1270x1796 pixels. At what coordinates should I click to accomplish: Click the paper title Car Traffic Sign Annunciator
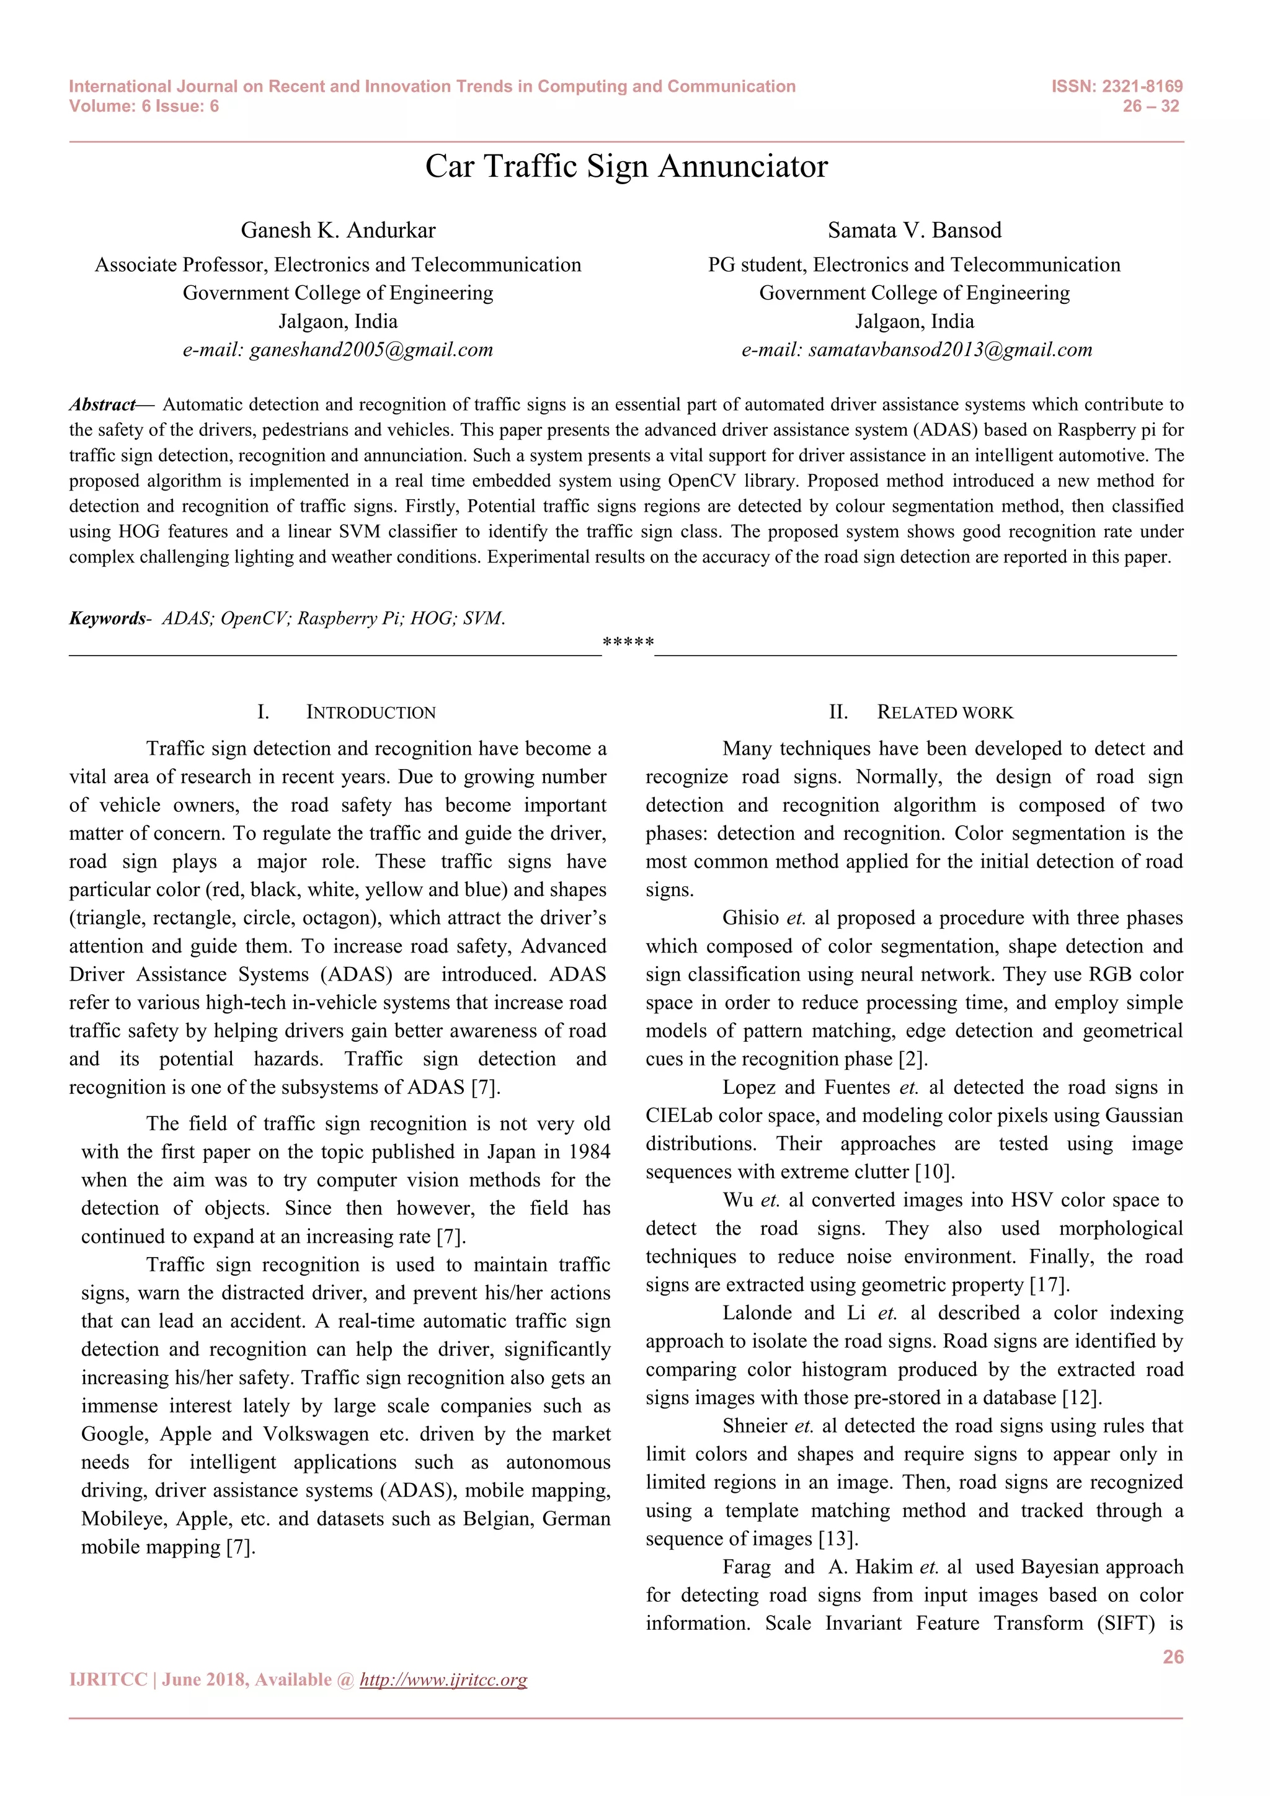(626, 167)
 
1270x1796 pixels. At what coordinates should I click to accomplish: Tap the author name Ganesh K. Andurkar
(338, 230)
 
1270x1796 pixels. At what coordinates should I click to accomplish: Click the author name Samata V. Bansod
(914, 230)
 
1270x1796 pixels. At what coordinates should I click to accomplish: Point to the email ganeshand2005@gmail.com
(371, 350)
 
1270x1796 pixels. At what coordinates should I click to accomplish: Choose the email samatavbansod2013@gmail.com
(949, 350)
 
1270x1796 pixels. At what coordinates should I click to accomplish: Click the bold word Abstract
(102, 404)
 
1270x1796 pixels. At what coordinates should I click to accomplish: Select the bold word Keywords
(107, 619)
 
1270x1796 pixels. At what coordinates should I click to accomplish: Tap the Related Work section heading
(944, 712)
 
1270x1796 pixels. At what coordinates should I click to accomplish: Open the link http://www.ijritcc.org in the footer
(443, 1679)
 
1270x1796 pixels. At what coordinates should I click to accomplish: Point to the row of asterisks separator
(628, 643)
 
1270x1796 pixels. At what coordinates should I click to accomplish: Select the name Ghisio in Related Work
(751, 918)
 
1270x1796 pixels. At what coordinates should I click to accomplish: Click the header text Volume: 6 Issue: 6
(144, 107)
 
